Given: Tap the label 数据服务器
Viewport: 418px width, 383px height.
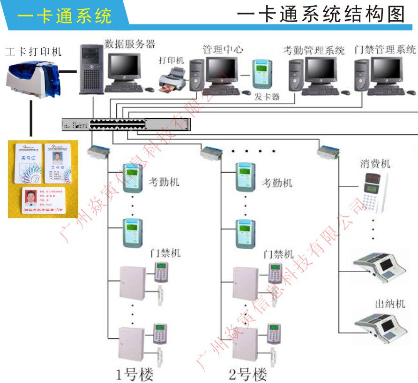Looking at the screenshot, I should (x=129, y=45).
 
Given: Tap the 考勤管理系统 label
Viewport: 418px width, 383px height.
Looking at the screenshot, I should (x=313, y=50).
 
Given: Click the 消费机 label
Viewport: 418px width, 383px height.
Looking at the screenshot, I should (x=375, y=164).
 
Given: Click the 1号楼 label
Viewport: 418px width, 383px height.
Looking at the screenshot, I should (x=135, y=374).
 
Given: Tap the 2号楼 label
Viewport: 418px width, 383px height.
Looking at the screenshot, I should (x=248, y=374).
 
